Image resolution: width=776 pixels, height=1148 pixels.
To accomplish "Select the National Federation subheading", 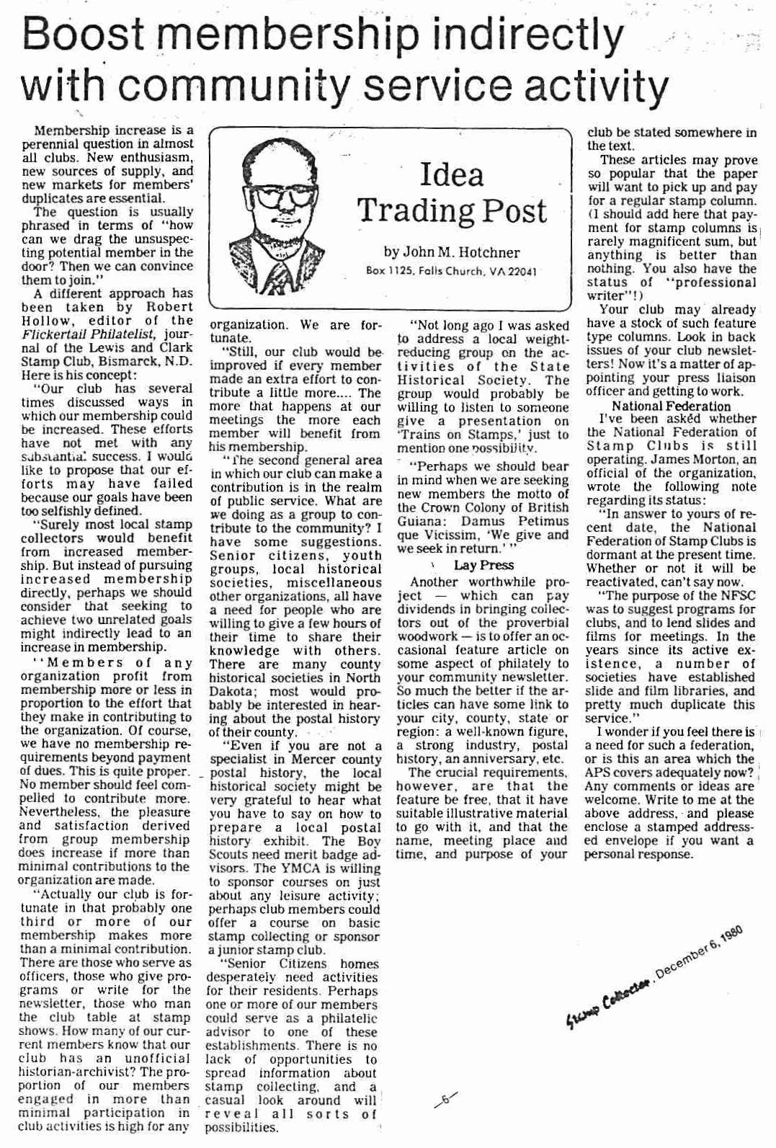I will tap(670, 406).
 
